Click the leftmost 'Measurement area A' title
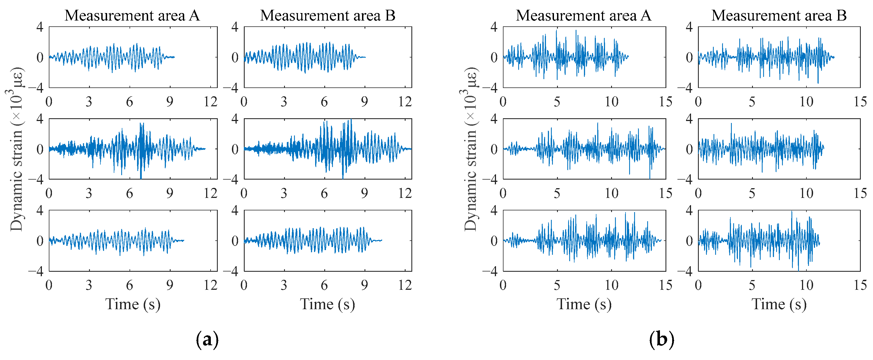pyautogui.click(x=132, y=16)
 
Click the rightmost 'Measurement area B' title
pyautogui.click(x=779, y=16)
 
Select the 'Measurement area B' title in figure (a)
pyautogui.click(x=327, y=16)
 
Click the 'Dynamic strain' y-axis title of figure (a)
pyautogui.click(x=16, y=149)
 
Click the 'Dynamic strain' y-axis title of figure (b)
pyautogui.click(x=470, y=149)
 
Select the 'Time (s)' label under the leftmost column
pyautogui.click(x=133, y=304)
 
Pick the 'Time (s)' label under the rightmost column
pyautogui.click(x=779, y=304)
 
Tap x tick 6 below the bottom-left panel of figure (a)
pyautogui.click(x=130, y=285)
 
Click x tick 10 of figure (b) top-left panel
pyautogui.click(x=611, y=102)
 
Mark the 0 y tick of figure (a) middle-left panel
pyautogui.click(x=40, y=149)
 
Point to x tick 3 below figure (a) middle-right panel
pyautogui.click(x=284, y=193)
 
